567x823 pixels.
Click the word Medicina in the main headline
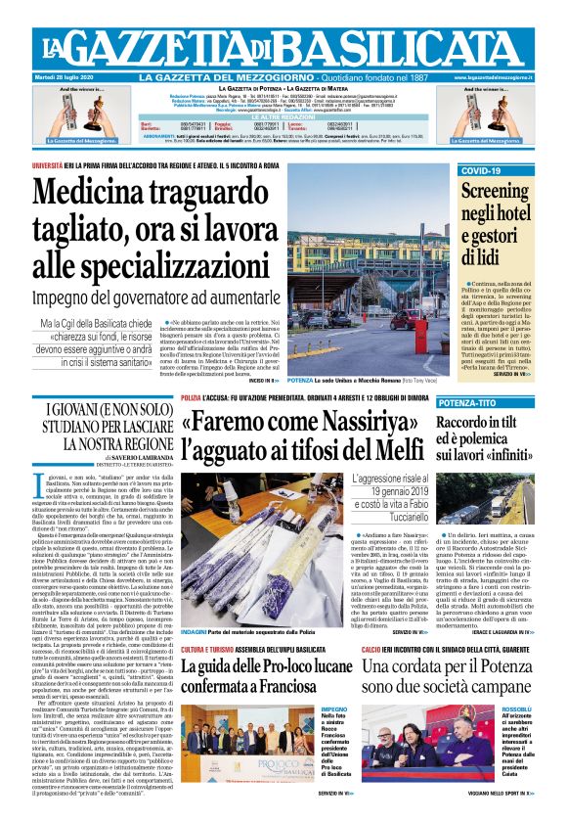[98, 196]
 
